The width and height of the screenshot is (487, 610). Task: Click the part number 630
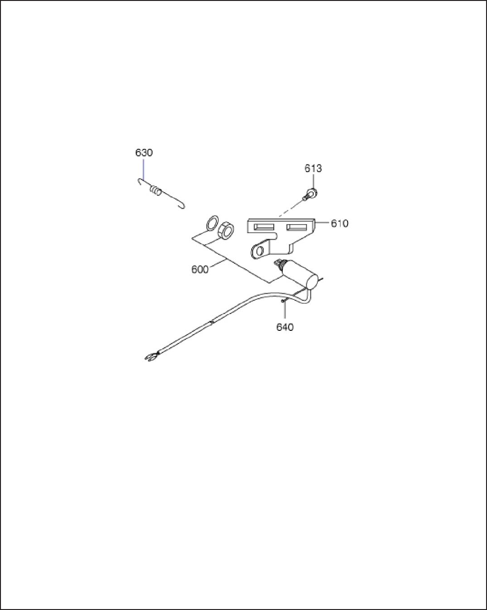(x=144, y=153)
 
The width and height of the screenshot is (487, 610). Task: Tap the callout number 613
(x=313, y=168)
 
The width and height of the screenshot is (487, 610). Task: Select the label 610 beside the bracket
(x=340, y=223)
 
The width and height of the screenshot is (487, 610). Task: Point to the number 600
(x=200, y=270)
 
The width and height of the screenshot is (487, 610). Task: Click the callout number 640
(x=285, y=327)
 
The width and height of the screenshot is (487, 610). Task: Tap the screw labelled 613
(x=310, y=193)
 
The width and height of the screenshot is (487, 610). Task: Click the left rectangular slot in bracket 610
(x=264, y=227)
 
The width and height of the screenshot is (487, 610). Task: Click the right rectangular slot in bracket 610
(x=297, y=227)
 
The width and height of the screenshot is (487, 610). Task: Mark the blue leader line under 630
(x=144, y=168)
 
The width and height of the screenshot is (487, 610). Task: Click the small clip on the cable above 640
(x=284, y=301)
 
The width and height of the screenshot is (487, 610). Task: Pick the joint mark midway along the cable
(x=212, y=322)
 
